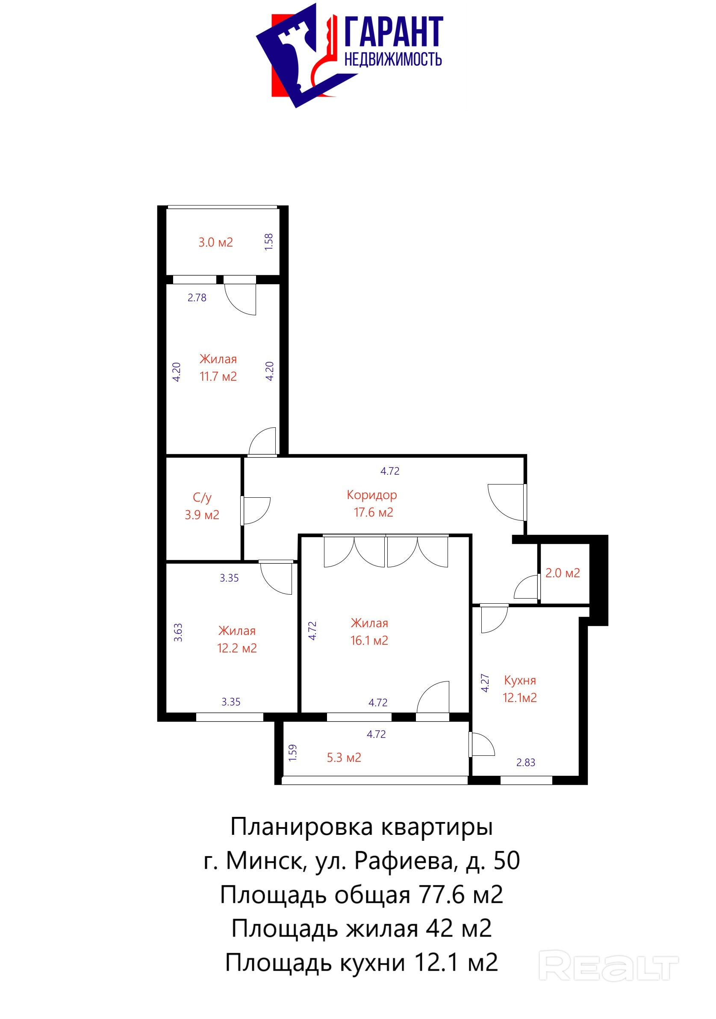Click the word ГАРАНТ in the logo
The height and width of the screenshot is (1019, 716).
click(394, 32)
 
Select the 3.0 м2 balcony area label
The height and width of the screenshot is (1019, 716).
click(215, 242)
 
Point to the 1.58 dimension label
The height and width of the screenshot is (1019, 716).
click(269, 242)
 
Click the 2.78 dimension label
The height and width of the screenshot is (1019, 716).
click(197, 298)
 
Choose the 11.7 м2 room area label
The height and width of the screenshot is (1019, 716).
click(218, 376)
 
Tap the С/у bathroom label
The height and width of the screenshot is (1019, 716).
click(202, 498)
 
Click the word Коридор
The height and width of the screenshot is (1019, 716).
click(372, 495)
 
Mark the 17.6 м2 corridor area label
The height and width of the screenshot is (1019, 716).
click(374, 513)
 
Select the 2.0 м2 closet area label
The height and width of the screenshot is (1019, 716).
click(563, 573)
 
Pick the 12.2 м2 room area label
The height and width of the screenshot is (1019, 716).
click(237, 649)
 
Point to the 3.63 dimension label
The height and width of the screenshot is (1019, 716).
click(178, 632)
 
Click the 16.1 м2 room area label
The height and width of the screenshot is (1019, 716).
click(369, 640)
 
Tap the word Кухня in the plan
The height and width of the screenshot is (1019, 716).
click(520, 680)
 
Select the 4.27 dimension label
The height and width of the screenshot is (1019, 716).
click(485, 683)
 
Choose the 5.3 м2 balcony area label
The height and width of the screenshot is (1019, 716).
click(344, 758)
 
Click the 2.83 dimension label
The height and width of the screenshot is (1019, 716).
click(525, 763)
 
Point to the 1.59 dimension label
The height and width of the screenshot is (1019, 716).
click(292, 753)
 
